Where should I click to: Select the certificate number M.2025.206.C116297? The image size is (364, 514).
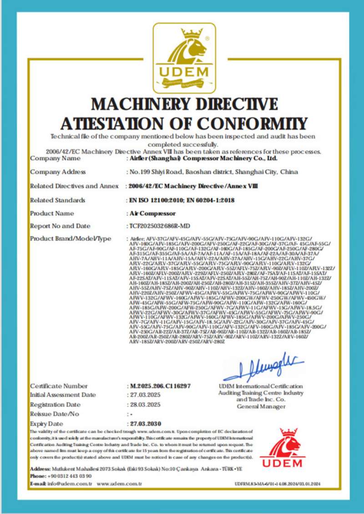[160, 386]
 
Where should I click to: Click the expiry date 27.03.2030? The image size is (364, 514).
[144, 423]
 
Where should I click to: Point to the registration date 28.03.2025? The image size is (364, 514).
[143, 405]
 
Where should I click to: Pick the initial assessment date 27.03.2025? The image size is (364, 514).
[143, 395]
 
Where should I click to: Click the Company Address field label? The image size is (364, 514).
[58, 172]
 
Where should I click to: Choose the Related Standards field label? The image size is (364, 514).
[58, 200]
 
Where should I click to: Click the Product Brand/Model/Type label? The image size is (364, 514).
[71, 239]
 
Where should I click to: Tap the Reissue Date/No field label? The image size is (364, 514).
[55, 414]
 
